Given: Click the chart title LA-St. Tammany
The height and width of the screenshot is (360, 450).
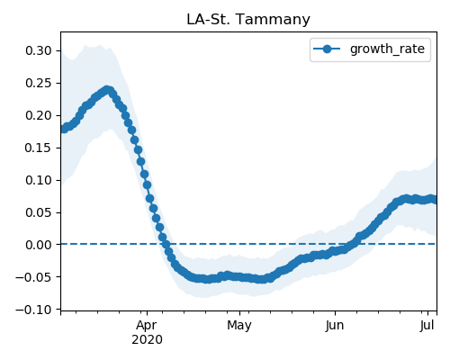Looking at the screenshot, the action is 248,20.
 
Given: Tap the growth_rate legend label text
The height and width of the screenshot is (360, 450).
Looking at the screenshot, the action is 387,49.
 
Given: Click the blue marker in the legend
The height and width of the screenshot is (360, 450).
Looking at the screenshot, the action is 327,49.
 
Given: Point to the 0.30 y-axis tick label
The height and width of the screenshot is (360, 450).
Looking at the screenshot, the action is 39,50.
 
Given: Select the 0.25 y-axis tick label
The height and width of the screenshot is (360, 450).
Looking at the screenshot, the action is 39,83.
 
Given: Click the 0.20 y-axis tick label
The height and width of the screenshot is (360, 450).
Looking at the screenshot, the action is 39,115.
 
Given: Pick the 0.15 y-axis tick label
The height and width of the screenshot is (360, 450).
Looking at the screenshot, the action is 39,148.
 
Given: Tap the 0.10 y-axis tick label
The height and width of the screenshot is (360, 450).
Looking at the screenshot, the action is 39,180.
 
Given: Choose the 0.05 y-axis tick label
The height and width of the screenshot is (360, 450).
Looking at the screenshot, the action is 39,212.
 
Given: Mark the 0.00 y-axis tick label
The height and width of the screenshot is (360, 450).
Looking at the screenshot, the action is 39,245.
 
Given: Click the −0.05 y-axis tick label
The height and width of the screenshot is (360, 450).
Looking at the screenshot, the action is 34,277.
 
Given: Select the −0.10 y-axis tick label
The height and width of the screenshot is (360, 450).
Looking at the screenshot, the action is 34,310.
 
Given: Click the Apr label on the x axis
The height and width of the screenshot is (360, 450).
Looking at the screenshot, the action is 147,326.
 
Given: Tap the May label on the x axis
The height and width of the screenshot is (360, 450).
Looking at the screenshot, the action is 239,326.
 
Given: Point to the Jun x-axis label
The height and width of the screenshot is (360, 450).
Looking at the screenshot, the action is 335,325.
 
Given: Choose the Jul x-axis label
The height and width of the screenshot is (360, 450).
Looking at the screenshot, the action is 427,325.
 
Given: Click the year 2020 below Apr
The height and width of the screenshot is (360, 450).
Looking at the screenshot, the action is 147,340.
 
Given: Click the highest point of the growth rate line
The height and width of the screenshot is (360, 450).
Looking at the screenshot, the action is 107,90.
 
